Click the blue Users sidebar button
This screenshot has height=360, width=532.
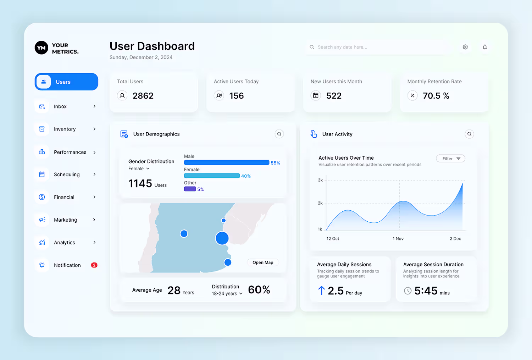tap(66, 82)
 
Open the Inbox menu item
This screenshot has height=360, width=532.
tap(60, 106)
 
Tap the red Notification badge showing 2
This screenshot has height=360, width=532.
tap(94, 265)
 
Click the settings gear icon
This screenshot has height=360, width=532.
tap(465, 47)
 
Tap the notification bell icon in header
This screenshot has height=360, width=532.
tap(485, 47)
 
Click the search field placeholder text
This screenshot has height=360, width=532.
tap(342, 47)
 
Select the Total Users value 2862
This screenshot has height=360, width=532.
tap(143, 96)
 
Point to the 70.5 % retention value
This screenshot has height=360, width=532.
tap(436, 96)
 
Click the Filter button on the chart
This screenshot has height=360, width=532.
tap(450, 159)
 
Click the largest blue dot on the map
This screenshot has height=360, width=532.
tap(222, 238)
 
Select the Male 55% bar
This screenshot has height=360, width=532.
tap(226, 162)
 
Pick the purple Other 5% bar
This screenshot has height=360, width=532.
tap(190, 189)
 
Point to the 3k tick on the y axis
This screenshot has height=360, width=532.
tap(320, 180)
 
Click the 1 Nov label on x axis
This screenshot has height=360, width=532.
tap(398, 239)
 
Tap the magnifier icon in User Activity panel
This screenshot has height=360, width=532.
tap(469, 134)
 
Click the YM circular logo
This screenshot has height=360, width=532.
tap(41, 48)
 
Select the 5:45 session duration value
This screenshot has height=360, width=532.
tap(426, 291)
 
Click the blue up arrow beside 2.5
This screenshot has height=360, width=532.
tap(321, 291)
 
